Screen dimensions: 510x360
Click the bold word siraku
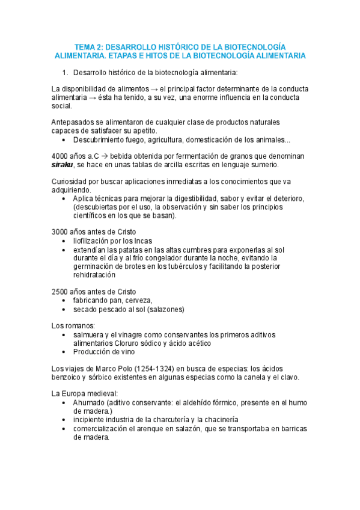[x=63, y=165]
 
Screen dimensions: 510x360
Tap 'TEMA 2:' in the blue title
[x=90, y=46]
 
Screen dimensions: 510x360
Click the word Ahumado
[x=90, y=402]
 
